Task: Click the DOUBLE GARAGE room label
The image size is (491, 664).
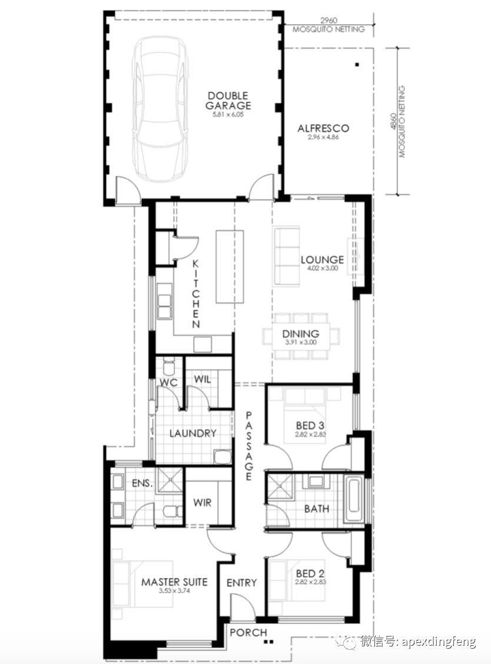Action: coord(228,101)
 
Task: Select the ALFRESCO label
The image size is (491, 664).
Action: coord(323,128)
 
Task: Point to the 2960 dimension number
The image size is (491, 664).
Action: coord(329,20)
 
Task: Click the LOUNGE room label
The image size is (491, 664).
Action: coord(322,259)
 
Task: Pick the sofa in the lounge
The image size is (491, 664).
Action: coord(287,256)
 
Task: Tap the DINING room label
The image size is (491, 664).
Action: coord(301,334)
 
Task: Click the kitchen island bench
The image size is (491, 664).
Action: coord(230,266)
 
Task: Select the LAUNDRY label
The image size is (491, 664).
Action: coord(193,433)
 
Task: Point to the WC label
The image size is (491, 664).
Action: coord(168,382)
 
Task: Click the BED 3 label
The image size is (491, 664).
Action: coord(310,425)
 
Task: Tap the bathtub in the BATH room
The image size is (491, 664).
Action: coord(353,500)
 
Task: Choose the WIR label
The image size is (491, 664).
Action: coord(202,503)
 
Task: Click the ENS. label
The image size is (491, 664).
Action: coord(142,483)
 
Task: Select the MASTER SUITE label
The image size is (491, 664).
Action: coord(174,582)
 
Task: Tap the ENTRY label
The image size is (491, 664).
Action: coord(241,583)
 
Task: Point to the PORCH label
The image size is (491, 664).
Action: coord(248,633)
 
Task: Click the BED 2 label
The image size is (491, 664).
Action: coord(310,573)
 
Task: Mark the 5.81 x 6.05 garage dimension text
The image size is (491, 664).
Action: coord(228,114)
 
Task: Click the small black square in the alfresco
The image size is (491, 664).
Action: coord(357,65)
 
